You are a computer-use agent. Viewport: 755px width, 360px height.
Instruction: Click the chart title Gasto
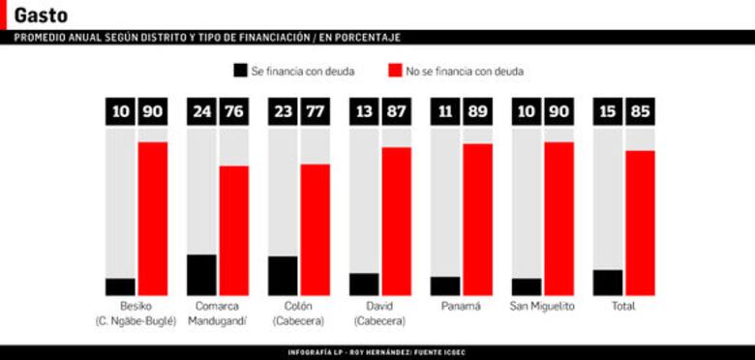[41, 15]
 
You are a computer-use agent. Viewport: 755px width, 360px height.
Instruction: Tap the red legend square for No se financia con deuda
[395, 71]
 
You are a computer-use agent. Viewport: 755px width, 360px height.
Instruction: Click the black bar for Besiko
[121, 286]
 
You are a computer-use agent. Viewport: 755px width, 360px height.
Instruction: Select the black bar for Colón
[284, 276]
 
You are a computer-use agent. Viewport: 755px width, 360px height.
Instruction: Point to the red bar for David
[396, 221]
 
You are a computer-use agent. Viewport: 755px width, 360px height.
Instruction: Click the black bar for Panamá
[446, 285]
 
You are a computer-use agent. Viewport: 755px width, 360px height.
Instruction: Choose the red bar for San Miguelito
[559, 219]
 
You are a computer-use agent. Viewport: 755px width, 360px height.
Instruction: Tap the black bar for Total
[608, 283]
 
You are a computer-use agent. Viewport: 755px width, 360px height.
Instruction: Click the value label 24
[201, 111]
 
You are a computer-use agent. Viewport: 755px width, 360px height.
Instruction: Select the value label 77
[315, 111]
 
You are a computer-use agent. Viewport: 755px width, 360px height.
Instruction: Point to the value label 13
[365, 111]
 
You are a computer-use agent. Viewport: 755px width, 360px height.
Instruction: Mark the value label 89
[477, 111]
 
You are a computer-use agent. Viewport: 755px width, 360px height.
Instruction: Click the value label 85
[640, 111]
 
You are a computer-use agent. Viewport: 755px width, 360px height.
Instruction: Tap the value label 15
[608, 111]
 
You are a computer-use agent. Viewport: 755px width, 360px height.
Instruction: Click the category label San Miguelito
[542, 306]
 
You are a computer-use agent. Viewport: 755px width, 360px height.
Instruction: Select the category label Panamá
[461, 306]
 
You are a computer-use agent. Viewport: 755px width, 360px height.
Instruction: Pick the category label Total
[623, 306]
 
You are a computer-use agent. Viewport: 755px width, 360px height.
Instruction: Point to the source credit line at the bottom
[377, 352]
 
